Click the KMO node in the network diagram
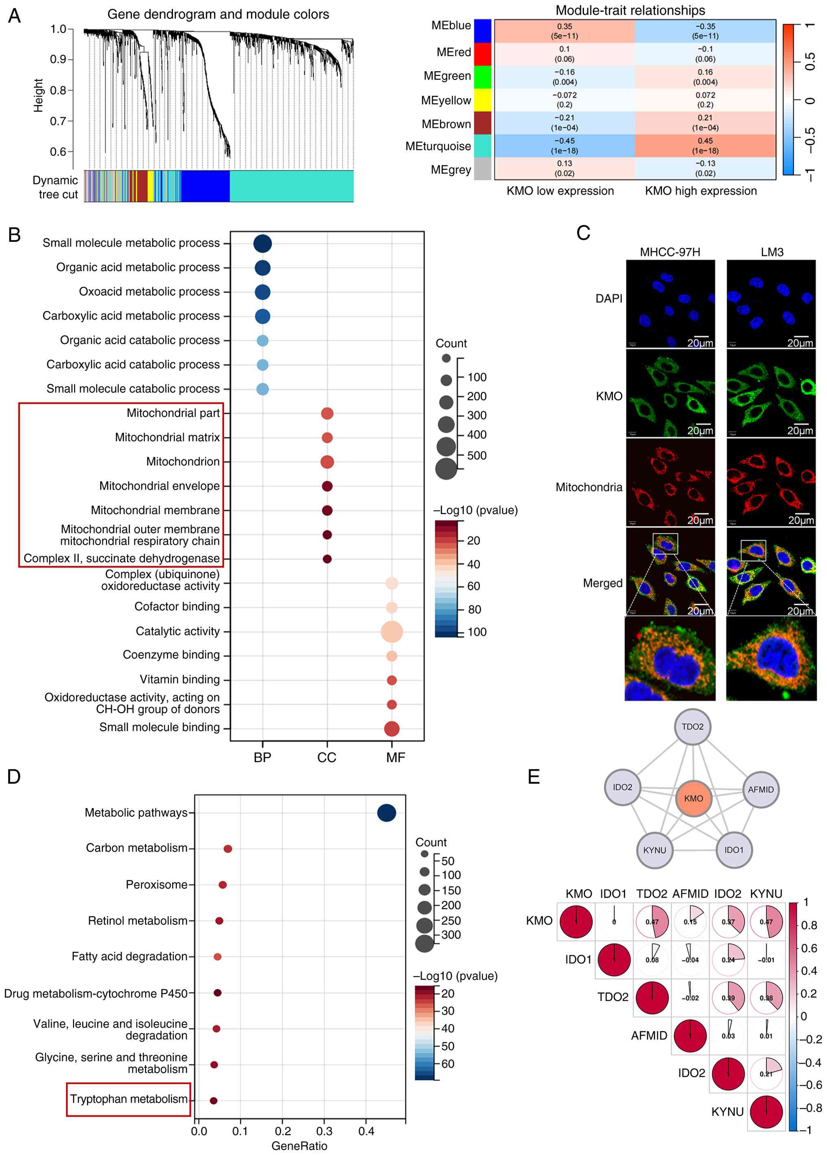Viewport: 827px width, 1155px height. click(x=693, y=798)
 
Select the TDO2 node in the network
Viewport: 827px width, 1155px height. click(x=692, y=726)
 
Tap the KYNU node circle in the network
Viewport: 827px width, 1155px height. click(x=654, y=850)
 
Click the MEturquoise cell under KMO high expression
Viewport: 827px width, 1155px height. click(x=705, y=146)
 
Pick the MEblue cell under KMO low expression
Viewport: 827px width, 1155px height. click(x=564, y=31)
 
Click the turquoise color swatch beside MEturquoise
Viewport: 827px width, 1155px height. click(x=482, y=146)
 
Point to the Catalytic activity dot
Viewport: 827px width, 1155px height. click(x=392, y=631)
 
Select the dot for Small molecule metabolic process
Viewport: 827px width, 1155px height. click(x=262, y=243)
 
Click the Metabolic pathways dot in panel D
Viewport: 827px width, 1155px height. click(x=386, y=813)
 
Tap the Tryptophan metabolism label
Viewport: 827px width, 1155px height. click(x=129, y=1098)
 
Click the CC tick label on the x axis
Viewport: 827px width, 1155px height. click(x=326, y=757)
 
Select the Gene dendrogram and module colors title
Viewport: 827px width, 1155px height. click(x=218, y=14)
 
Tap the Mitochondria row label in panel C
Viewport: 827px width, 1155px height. click(x=589, y=487)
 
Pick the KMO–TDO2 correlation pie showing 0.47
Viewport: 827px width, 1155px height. click(x=652, y=921)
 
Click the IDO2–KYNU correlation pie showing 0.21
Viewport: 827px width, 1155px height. click(x=766, y=1074)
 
